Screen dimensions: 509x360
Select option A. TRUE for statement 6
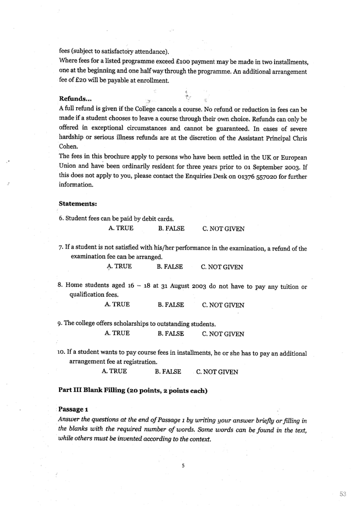pos(121,229)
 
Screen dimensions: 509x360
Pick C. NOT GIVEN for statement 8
pos(223,305)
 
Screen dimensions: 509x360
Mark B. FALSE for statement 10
pos(168,372)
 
